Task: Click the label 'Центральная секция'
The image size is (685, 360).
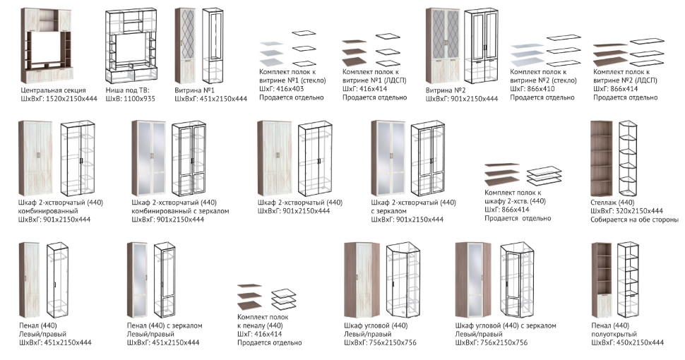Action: (x=54, y=90)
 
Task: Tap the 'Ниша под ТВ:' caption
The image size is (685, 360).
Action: (x=125, y=90)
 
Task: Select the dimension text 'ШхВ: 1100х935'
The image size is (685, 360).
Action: (x=131, y=99)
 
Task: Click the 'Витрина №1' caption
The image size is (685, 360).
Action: (x=194, y=90)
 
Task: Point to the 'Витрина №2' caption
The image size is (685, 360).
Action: (x=446, y=90)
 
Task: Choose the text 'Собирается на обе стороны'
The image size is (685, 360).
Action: (x=634, y=220)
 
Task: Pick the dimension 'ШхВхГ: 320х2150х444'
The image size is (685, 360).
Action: (x=626, y=211)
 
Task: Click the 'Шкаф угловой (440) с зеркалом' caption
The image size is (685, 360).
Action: (x=506, y=325)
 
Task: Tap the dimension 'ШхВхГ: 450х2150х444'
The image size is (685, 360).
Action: (x=627, y=342)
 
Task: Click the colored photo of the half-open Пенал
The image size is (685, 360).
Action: (x=601, y=279)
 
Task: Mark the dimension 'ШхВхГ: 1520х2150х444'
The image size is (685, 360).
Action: (x=59, y=99)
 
